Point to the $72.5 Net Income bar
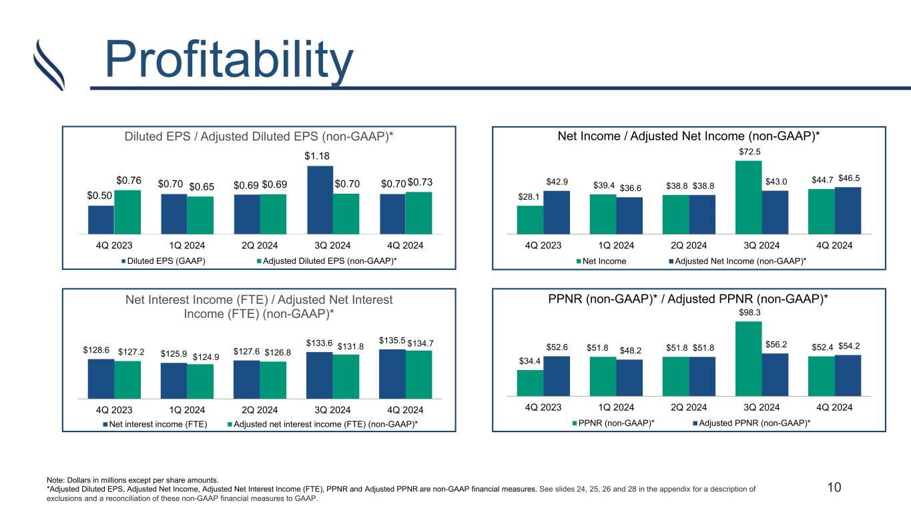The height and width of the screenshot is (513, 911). (x=749, y=197)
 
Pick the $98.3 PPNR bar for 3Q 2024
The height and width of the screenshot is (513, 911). (x=749, y=359)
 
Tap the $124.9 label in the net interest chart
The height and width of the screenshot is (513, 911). (x=206, y=357)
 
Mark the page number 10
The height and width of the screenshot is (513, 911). (x=834, y=487)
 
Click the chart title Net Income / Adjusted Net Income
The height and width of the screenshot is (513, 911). (x=689, y=136)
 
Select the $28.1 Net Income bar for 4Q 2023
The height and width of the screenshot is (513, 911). (x=530, y=220)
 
